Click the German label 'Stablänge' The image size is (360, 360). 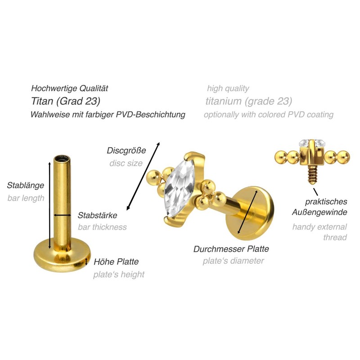(x=25, y=185)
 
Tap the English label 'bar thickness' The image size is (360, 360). (x=102, y=227)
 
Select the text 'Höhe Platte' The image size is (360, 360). (x=116, y=261)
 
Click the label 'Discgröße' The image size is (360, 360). (x=125, y=150)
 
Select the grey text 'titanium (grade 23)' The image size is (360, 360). (x=249, y=100)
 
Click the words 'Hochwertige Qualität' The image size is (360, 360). (x=69, y=88)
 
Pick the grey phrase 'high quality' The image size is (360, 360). (x=228, y=88)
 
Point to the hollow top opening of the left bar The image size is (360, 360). (x=60, y=159)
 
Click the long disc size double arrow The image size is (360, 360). (x=143, y=175)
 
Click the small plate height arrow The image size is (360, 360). (x=88, y=261)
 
